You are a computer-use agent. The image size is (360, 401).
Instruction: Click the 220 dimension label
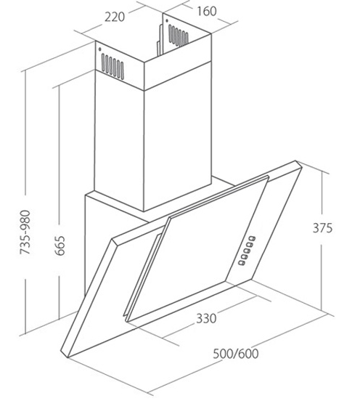(x=115, y=17)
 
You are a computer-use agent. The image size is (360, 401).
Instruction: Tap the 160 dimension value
(x=206, y=11)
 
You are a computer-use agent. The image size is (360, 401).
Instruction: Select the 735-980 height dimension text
(x=25, y=232)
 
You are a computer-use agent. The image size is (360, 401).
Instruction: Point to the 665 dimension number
(x=60, y=246)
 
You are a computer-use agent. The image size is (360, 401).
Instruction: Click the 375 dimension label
(x=323, y=228)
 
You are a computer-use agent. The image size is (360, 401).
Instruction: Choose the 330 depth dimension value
(x=206, y=318)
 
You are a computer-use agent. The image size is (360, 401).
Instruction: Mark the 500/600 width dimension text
(x=236, y=354)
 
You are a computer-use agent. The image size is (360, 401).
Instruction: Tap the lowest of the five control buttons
(x=242, y=262)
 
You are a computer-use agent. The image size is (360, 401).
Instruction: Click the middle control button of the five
(x=247, y=251)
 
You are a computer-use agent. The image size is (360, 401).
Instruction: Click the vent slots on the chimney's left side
(x=112, y=66)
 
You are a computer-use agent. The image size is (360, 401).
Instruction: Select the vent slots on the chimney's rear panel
(x=179, y=36)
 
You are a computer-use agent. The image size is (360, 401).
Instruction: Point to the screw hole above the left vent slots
(x=99, y=49)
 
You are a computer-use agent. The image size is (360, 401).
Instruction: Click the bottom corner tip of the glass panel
(x=67, y=357)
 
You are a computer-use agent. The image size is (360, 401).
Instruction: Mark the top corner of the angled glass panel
(x=296, y=161)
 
